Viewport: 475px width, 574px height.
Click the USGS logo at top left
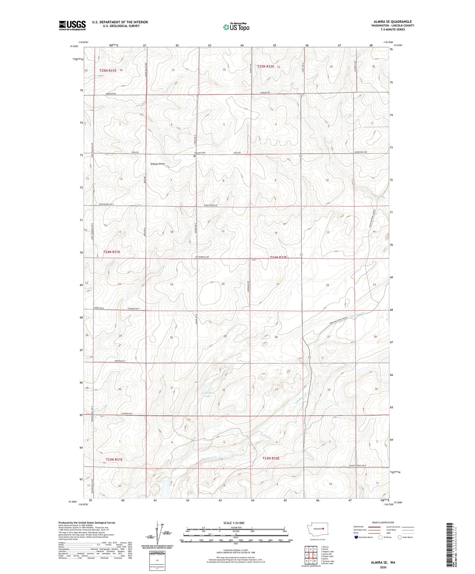(x=72, y=25)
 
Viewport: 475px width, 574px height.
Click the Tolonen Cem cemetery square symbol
(x=194, y=156)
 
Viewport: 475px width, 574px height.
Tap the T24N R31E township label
(x=112, y=252)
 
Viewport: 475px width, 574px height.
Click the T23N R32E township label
(x=271, y=458)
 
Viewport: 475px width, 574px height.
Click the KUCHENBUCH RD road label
(x=202, y=257)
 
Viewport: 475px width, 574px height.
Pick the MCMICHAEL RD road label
(x=361, y=152)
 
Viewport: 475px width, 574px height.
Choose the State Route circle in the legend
(x=400, y=537)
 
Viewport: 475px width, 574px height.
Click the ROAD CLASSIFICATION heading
(x=383, y=522)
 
